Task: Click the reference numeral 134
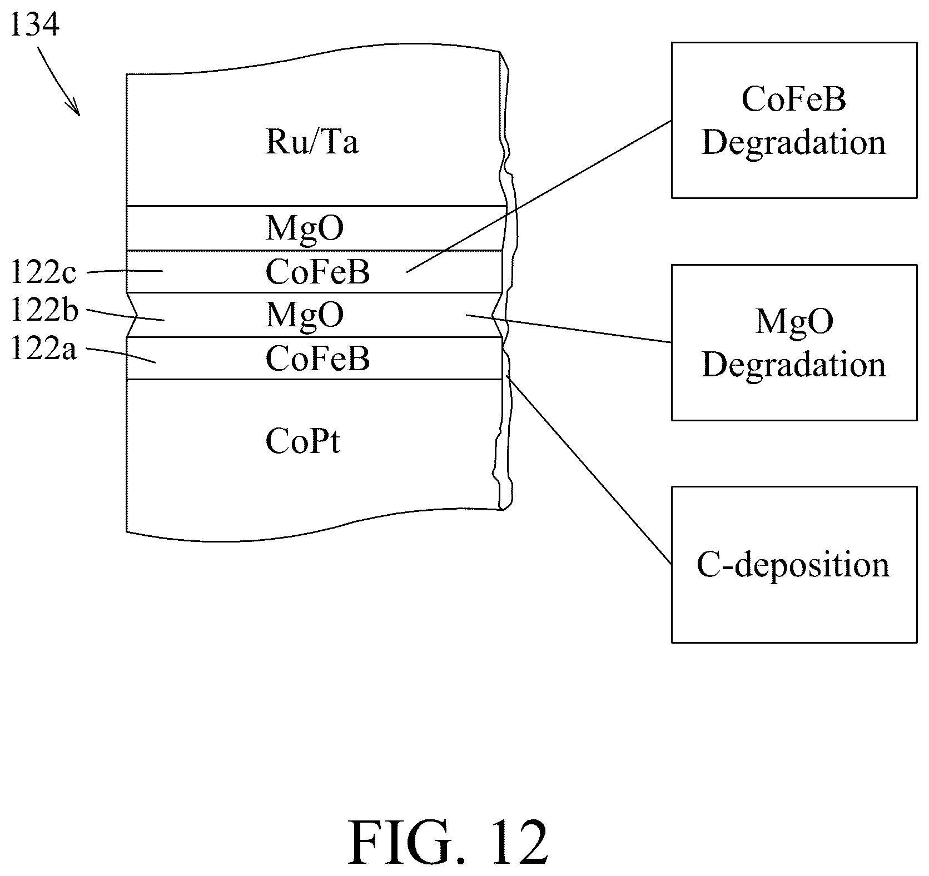coord(34,25)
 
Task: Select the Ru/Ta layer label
coord(312,142)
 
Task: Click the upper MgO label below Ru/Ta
coord(305,228)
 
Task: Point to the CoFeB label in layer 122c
coord(317,272)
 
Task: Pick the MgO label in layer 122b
coord(305,315)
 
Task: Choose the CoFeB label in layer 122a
coord(317,359)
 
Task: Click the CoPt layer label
coord(302,442)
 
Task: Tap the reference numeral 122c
coord(43,273)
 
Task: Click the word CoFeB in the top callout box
coord(793,99)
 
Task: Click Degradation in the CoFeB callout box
coord(793,143)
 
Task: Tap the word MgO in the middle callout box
coord(793,322)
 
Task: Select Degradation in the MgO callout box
coord(793,365)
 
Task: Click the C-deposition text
coord(793,565)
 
